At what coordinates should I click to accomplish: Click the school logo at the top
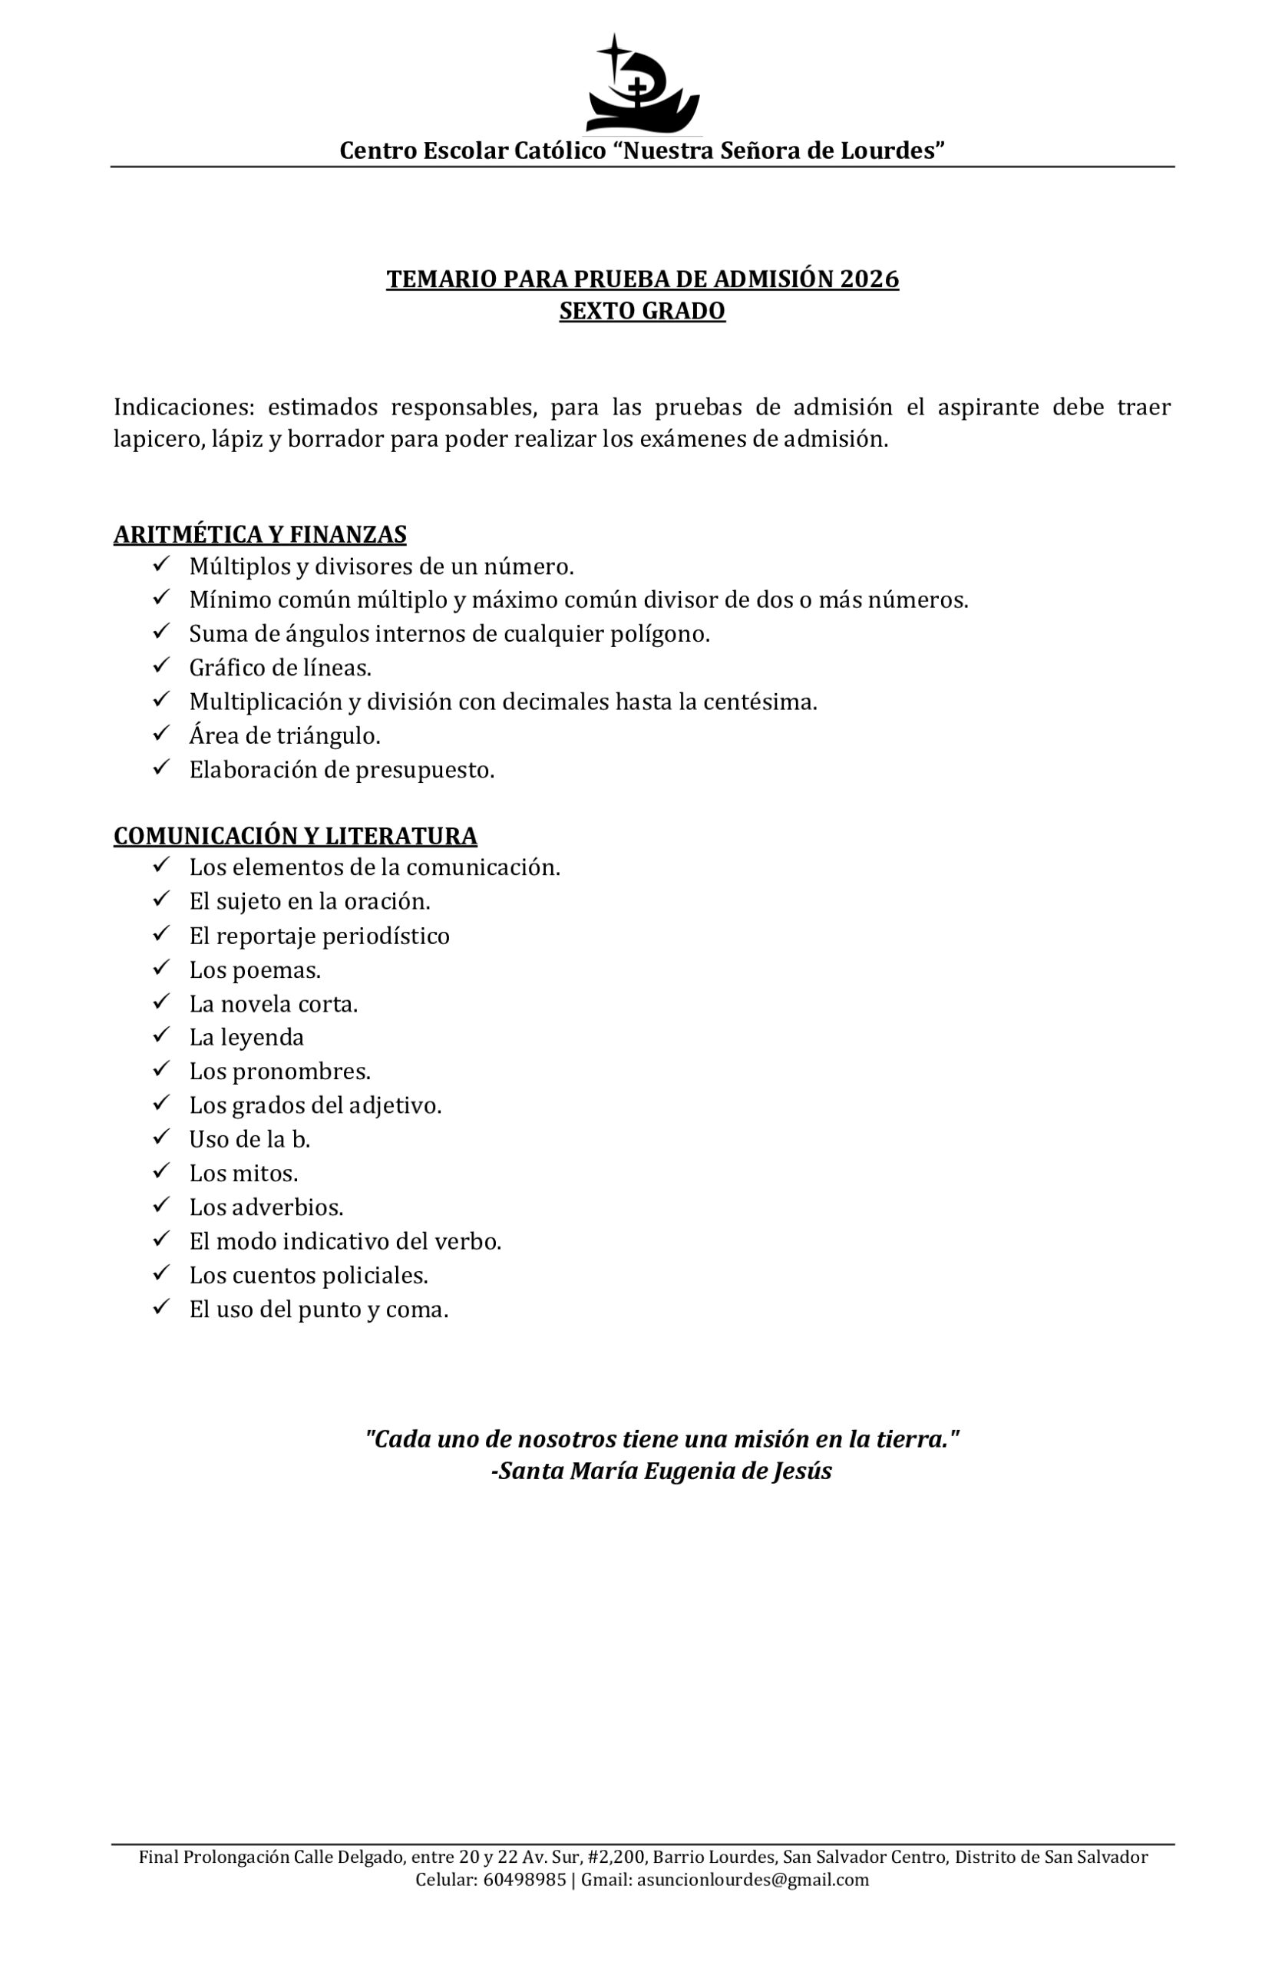pos(642,84)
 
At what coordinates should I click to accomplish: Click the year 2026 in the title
pos(869,279)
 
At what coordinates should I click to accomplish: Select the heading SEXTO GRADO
pos(642,312)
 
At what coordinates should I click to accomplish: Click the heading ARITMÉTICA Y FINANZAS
pos(260,535)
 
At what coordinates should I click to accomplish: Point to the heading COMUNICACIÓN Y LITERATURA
pos(295,837)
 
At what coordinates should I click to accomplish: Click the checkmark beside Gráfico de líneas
pos(161,665)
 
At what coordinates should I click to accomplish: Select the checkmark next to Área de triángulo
pos(161,733)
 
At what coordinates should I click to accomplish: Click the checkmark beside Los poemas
pos(161,968)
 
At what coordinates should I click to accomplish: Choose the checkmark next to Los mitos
pos(161,1171)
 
